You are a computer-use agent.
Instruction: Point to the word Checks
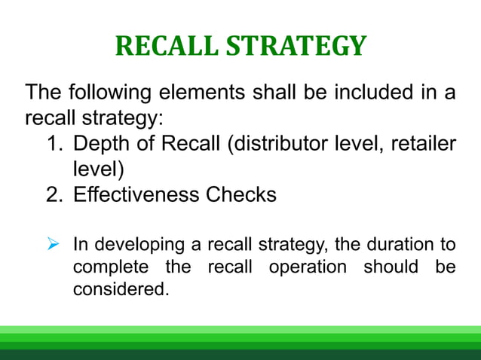240,194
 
